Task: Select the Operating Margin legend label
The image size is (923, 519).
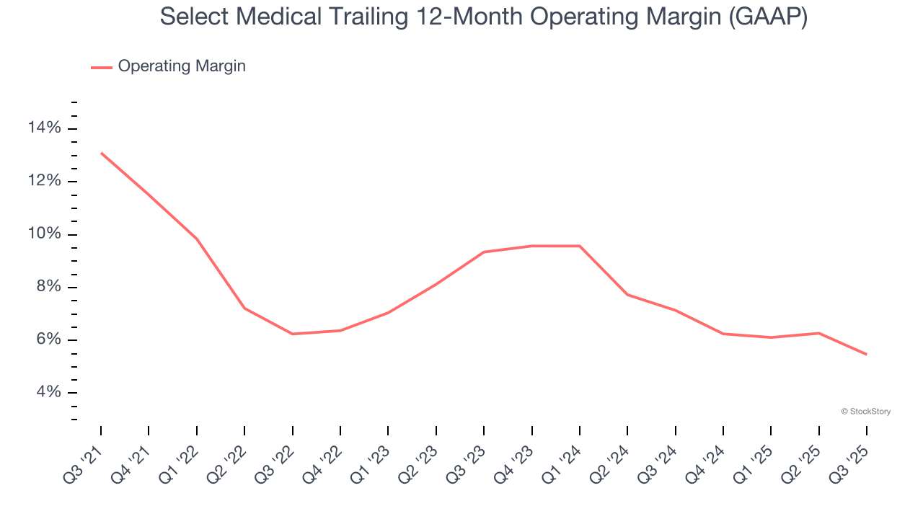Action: [x=182, y=66]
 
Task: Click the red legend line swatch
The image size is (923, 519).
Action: [x=102, y=67]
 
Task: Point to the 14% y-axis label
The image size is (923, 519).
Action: [x=44, y=128]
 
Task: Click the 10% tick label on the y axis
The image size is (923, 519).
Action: [x=44, y=234]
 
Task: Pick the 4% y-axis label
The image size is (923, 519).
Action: [x=48, y=393]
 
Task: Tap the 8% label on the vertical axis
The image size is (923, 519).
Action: [x=48, y=287]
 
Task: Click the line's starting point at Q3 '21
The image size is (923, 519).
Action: [x=101, y=153]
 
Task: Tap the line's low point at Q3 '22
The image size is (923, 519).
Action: [x=292, y=334]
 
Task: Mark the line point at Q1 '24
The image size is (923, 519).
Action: [x=580, y=246]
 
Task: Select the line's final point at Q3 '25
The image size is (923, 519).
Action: [x=866, y=354]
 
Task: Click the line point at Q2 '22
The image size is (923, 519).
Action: [x=244, y=308]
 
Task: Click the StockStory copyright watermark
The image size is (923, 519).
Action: [x=865, y=412]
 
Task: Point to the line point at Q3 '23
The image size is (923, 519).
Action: [x=483, y=252]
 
